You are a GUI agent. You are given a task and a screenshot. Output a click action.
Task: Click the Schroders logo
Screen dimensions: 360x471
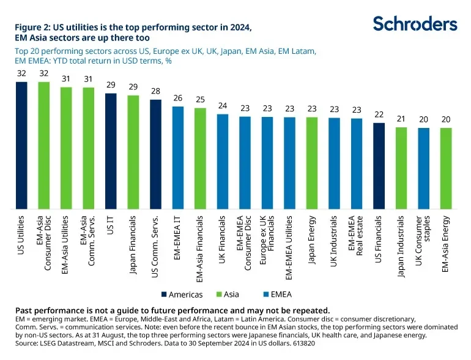(x=415, y=24)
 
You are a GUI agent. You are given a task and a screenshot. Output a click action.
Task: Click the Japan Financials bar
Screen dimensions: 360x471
(x=133, y=152)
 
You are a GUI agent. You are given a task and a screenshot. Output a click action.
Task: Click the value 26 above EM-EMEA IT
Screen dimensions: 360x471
(x=178, y=98)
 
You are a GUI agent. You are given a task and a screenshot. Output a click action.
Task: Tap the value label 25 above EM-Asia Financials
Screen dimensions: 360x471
(x=200, y=100)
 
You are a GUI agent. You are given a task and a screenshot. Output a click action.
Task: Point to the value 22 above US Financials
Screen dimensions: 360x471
(x=379, y=114)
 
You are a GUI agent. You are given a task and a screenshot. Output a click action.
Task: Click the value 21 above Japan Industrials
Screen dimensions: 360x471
(x=401, y=119)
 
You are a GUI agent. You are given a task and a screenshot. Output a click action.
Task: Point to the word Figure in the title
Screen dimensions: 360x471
(x=29, y=27)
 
